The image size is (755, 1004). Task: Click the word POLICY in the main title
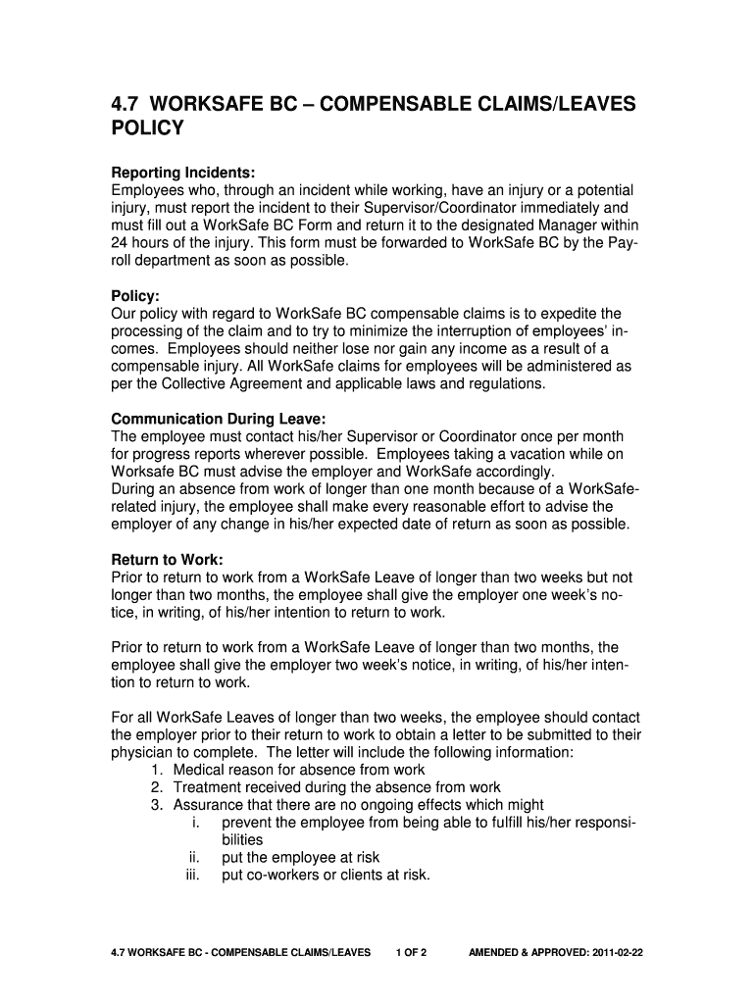pyautogui.click(x=147, y=128)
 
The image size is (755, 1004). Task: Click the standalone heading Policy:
pyautogui.click(x=135, y=296)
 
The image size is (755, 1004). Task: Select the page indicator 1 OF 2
pyautogui.click(x=411, y=952)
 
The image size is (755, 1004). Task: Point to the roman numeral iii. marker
pyautogui.click(x=192, y=876)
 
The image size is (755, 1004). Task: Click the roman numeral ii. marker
pyautogui.click(x=194, y=858)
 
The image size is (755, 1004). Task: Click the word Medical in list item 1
pyautogui.click(x=199, y=770)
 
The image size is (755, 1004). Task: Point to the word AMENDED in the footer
pyautogui.click(x=497, y=952)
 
